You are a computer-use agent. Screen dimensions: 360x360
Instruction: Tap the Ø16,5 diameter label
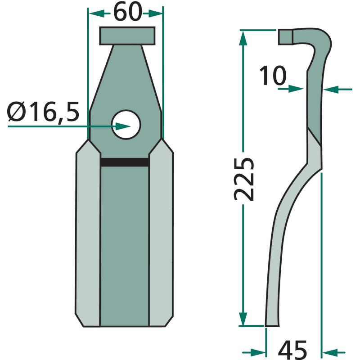click(43, 112)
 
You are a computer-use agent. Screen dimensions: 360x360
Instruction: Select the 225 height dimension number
click(244, 179)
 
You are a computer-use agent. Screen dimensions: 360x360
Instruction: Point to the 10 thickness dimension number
click(273, 76)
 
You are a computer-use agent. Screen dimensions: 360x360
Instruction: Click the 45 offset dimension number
click(292, 350)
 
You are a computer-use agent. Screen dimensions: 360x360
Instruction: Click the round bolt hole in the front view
click(126, 125)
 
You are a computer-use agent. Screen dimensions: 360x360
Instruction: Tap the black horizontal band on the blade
click(125, 162)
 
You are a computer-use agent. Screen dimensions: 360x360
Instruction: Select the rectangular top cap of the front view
click(127, 36)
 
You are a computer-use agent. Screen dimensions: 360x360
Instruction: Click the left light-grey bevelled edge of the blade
click(88, 233)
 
